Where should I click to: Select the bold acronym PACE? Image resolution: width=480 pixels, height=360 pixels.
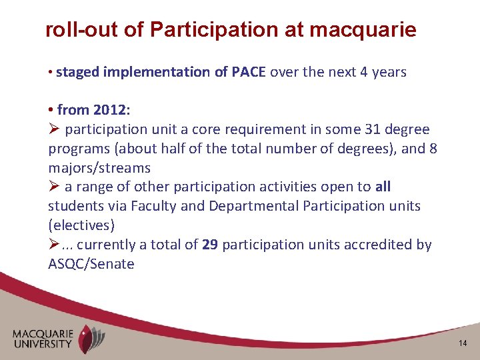249,72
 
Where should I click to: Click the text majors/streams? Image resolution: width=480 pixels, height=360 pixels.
99,168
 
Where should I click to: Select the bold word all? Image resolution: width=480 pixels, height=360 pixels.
383,187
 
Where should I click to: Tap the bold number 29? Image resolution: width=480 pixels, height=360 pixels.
209,245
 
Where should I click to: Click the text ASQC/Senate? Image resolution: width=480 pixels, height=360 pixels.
91,264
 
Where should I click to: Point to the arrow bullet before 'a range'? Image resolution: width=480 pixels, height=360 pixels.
54,187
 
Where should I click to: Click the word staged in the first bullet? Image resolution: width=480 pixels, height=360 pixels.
75,72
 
